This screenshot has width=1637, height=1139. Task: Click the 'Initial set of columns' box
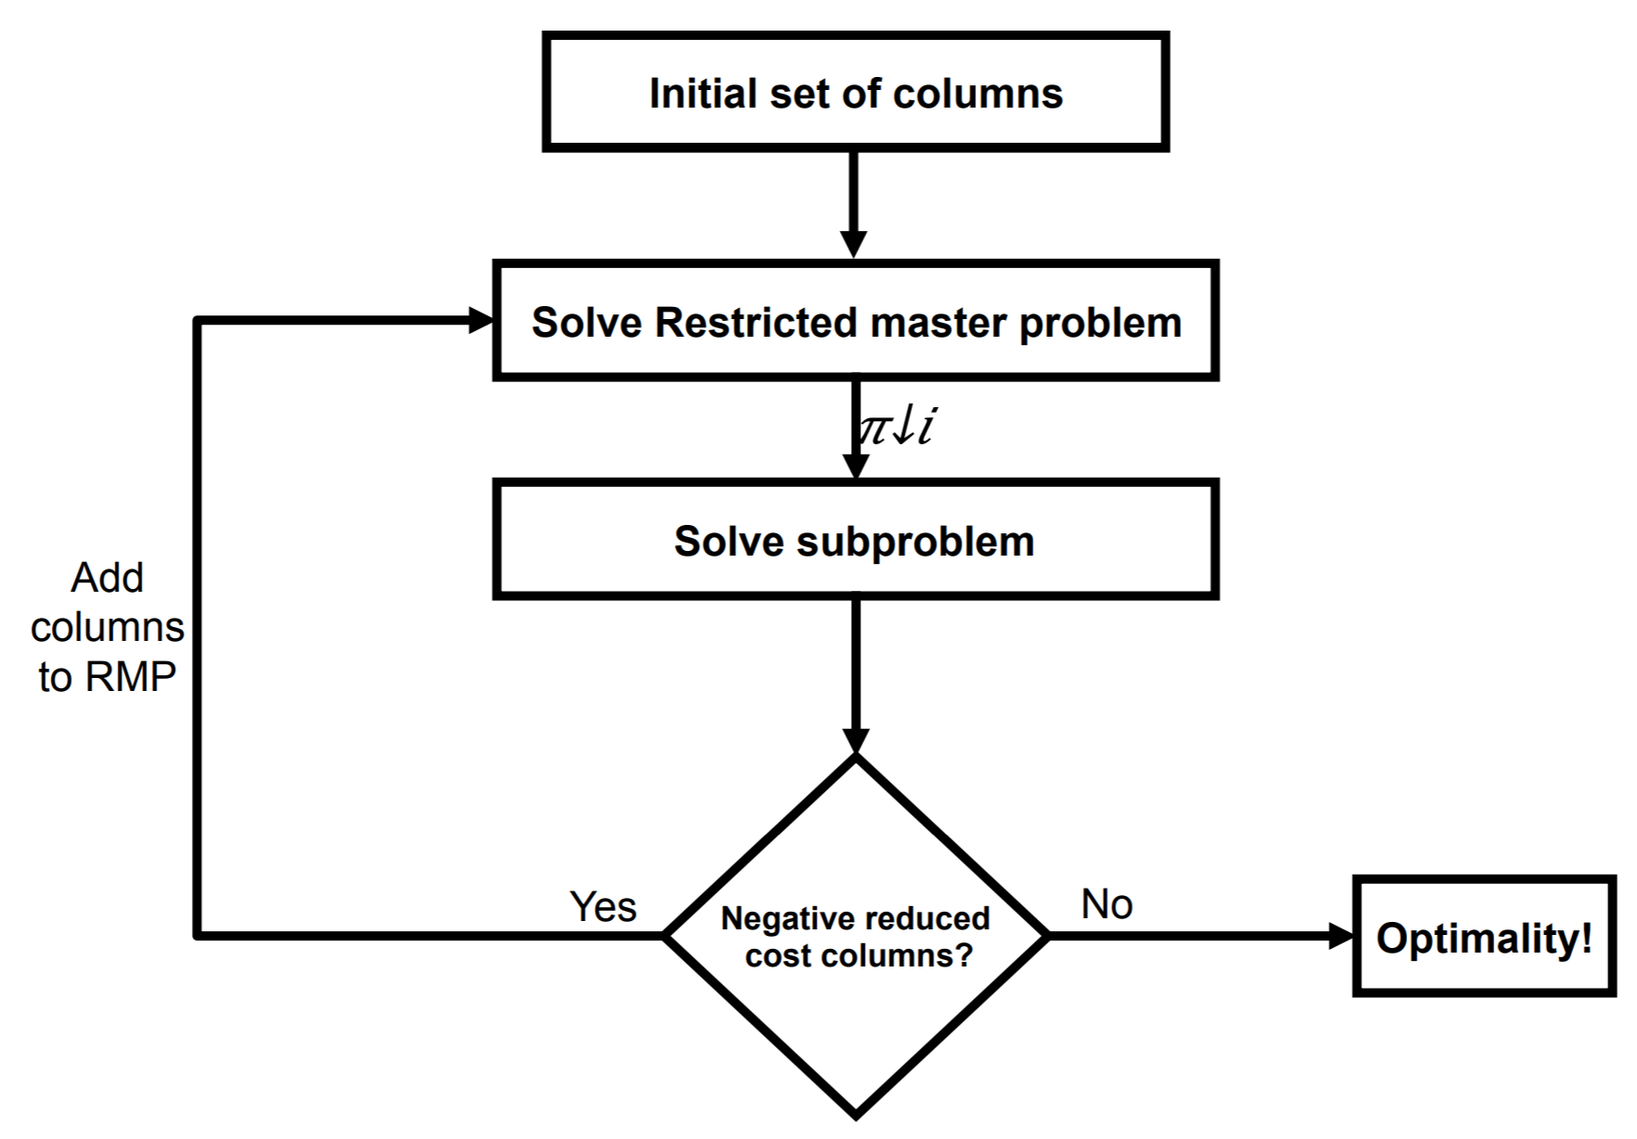click(x=855, y=92)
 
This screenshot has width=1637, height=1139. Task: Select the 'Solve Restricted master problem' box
click(x=855, y=321)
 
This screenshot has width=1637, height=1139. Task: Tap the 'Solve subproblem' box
click(x=855, y=541)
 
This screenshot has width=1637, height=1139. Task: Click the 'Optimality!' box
click(x=1483, y=937)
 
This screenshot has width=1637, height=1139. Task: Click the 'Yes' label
click(x=603, y=906)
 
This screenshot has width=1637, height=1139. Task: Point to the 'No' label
click(x=1106, y=903)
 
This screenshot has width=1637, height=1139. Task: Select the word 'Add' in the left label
click(x=108, y=578)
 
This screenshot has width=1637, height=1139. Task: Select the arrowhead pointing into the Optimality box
click(x=1340, y=936)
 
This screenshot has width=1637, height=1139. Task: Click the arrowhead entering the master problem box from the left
click(x=481, y=321)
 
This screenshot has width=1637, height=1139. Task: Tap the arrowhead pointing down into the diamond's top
click(x=855, y=740)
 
